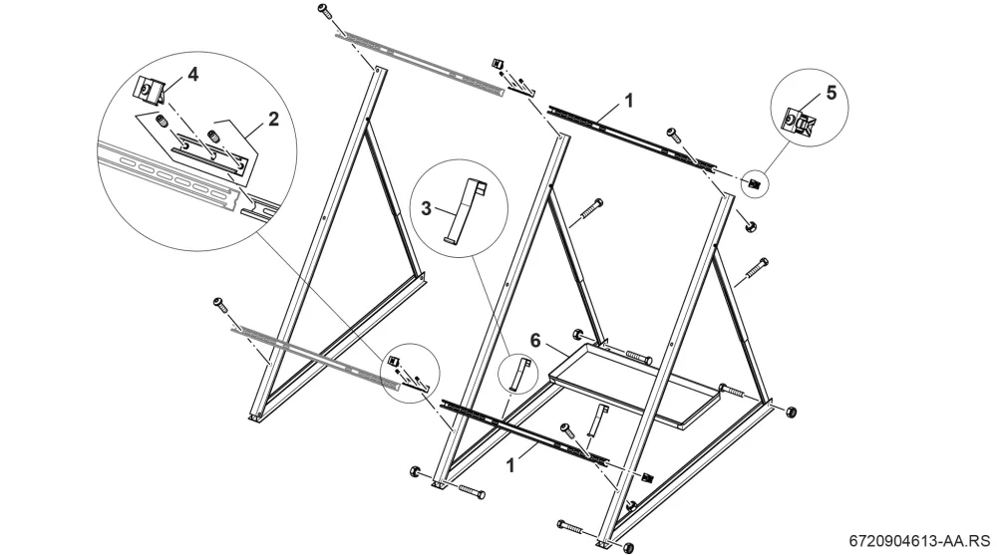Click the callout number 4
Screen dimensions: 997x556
pyautogui.click(x=192, y=75)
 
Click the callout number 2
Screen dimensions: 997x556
pyautogui.click(x=273, y=119)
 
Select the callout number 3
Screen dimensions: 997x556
pyautogui.click(x=426, y=208)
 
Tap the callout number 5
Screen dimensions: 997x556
pyautogui.click(x=831, y=93)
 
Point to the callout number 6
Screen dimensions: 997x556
pyautogui.click(x=535, y=341)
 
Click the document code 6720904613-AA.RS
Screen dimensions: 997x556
pyautogui.click(x=920, y=541)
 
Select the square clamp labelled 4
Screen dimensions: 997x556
pyautogui.click(x=149, y=88)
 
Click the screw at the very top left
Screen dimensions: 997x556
pyautogui.click(x=324, y=10)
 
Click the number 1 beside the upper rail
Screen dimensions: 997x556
pyautogui.click(x=629, y=101)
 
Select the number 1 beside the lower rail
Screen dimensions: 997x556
pyautogui.click(x=509, y=465)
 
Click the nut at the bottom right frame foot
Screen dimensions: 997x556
pyautogui.click(x=628, y=547)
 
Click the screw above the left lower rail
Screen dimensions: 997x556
pyautogui.click(x=221, y=304)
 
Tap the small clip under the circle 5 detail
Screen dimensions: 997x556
pyautogui.click(x=754, y=184)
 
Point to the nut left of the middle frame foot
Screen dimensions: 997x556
pyautogui.click(x=415, y=471)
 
